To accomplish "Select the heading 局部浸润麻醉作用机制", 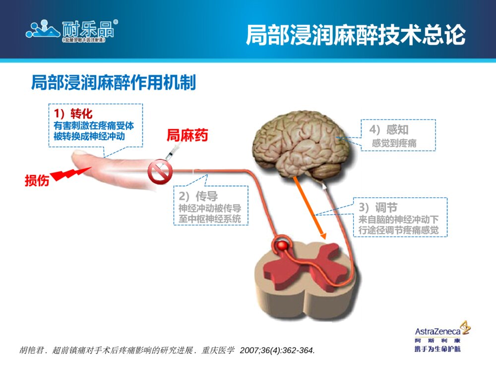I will pos(114,83).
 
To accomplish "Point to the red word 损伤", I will pos(37,181).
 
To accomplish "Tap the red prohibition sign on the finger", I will pos(159,172).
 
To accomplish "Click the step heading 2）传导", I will pos(198,196).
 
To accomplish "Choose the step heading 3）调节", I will pos(377,207).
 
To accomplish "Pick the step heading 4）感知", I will pos(389,130).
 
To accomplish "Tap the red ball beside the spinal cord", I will pos(283,245).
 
